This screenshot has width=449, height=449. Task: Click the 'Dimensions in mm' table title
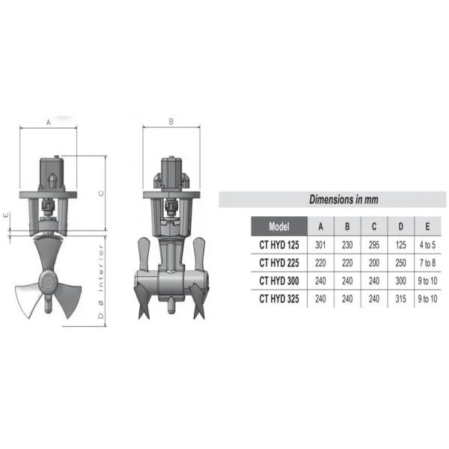(x=343, y=199)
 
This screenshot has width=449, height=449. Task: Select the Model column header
(x=279, y=227)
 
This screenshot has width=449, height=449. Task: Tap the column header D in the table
(x=400, y=227)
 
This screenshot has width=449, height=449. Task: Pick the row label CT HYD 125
(x=279, y=245)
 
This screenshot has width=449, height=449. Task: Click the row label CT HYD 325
(x=279, y=299)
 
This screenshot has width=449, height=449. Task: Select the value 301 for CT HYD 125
(x=320, y=245)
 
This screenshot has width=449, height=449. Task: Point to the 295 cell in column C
(x=374, y=245)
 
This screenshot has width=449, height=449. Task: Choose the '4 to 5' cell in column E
(x=427, y=245)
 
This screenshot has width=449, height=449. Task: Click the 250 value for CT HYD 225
(x=400, y=263)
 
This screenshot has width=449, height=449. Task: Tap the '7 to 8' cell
(x=427, y=263)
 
